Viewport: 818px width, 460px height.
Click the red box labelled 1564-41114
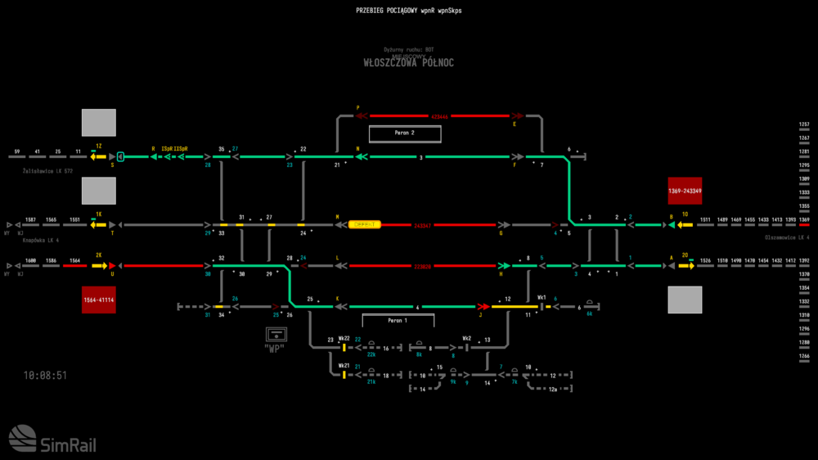pos(98,300)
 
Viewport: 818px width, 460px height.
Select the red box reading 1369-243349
pos(685,191)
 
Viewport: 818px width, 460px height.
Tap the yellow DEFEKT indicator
pos(365,224)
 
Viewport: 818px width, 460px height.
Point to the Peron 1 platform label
pos(397,320)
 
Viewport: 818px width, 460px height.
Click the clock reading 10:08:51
pos(46,376)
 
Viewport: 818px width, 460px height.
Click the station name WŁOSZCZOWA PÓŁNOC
pos(408,63)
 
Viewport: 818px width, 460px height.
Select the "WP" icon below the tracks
pos(278,336)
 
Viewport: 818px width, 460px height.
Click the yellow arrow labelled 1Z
pos(98,156)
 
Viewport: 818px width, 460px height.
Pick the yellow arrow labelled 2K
pos(99,265)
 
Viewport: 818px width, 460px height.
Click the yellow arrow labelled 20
pos(685,265)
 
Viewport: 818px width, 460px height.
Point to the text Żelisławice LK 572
pos(48,171)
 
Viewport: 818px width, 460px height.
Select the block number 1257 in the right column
pos(804,124)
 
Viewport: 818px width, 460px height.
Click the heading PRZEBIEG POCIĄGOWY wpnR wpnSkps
pos(408,11)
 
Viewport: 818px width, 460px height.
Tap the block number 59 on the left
pos(16,151)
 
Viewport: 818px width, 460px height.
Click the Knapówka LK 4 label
pos(43,240)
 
